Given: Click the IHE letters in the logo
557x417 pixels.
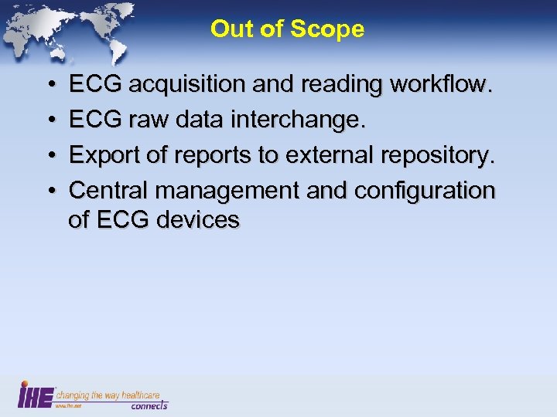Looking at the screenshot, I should (36, 395).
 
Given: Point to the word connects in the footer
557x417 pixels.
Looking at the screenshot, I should (149, 405).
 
